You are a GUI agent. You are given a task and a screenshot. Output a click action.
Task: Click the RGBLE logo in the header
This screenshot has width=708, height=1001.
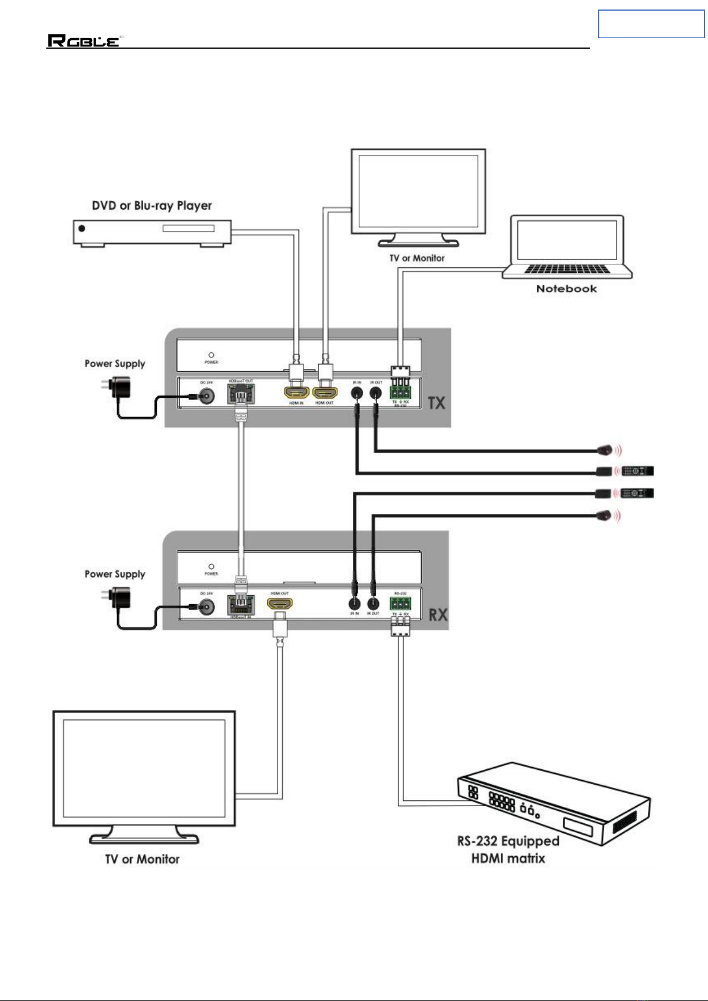coord(84,41)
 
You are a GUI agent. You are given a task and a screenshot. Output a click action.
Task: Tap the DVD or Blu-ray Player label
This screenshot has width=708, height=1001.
coord(151,206)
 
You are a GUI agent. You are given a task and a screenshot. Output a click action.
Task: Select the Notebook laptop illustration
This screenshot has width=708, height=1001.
coord(567,247)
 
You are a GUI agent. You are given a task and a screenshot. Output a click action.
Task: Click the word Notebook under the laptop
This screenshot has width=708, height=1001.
coord(566,289)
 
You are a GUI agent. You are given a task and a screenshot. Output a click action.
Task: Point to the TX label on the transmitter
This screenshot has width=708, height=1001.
coord(437,403)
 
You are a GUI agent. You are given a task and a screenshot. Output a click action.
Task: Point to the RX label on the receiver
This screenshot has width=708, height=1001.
coord(438,615)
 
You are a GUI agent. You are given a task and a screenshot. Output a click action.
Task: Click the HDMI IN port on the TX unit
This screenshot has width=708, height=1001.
coord(296,393)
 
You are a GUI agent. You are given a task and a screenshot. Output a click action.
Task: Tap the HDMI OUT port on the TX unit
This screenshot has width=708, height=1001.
coord(325,393)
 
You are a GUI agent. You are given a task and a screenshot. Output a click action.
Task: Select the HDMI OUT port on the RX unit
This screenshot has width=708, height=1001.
coord(280,604)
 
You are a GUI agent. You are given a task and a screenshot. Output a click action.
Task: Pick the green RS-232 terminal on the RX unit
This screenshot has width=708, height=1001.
coord(400,604)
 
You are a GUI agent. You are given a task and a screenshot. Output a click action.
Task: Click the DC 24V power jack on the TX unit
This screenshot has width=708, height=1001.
coord(207,395)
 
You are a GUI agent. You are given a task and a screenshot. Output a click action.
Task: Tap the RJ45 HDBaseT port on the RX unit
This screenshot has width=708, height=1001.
coord(241,605)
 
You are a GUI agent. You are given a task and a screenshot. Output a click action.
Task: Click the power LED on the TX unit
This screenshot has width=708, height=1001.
coord(211,355)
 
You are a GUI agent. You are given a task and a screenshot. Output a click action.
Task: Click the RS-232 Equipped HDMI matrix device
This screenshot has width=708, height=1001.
coord(552,802)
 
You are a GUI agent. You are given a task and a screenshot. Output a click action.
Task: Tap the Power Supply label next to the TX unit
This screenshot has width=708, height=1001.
coord(115,364)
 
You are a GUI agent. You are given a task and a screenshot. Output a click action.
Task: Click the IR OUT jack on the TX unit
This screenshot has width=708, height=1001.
coord(375,392)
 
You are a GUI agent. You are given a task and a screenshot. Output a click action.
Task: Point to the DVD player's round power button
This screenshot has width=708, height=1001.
coord(82,228)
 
